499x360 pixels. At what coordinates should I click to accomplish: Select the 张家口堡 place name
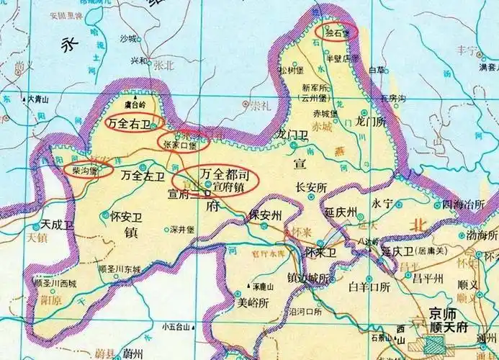182,144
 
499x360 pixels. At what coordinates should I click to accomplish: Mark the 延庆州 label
341,214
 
